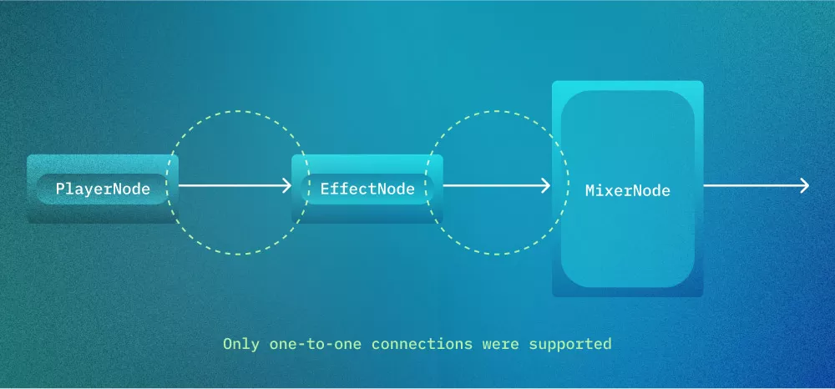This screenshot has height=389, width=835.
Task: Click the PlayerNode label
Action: (103, 189)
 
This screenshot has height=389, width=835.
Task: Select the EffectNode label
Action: (367, 189)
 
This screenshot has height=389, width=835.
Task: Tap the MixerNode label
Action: (628, 190)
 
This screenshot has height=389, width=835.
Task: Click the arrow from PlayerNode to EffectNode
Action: (234, 186)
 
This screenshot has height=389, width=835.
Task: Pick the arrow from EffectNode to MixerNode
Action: (493, 186)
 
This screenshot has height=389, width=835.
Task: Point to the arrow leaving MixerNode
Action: (751, 186)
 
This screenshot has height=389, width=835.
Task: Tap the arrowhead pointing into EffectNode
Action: (286, 186)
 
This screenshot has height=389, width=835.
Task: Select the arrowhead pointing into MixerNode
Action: (546, 186)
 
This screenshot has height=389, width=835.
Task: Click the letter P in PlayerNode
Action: (60, 189)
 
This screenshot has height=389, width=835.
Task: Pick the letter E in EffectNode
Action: (325, 189)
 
